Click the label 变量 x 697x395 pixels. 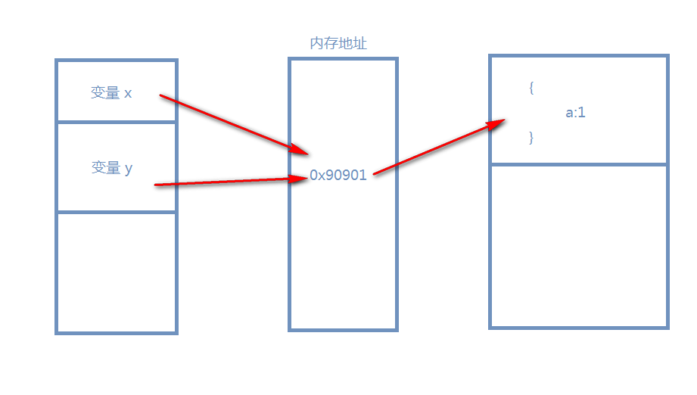click(111, 93)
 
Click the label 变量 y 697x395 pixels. click(111, 168)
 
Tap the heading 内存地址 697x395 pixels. click(338, 44)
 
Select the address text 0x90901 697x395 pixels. click(338, 175)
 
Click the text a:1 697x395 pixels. click(576, 114)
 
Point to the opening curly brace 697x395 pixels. click(532, 88)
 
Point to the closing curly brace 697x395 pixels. click(532, 138)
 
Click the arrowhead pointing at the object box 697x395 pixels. click(499, 123)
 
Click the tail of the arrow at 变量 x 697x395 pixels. click(161, 96)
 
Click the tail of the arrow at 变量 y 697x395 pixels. click(156, 185)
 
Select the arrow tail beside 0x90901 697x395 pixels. click(375, 174)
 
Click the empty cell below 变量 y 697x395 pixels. click(116, 272)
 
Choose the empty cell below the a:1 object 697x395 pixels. click(579, 246)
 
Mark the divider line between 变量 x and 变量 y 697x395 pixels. click(116, 122)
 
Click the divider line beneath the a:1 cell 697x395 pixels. click(579, 163)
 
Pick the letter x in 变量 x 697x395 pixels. click(128, 94)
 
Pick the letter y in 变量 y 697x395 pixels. click(129, 169)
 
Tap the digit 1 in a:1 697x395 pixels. click(582, 114)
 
